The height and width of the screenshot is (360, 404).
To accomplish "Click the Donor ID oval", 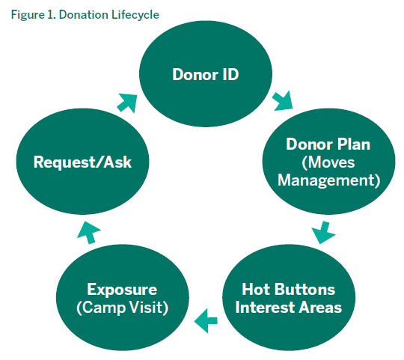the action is pos(206,74).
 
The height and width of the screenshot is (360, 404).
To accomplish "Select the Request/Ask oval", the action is pos(82,162).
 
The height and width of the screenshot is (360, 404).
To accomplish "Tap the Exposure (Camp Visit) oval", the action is pos(123,297).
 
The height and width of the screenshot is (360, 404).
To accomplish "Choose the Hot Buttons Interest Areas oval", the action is pos(289,297).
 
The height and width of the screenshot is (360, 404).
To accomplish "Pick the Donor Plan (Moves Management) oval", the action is pos(328,162).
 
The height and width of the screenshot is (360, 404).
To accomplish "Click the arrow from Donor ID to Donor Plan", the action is pos(283,101).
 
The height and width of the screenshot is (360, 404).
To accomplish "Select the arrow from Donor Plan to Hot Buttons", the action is pos(324,233).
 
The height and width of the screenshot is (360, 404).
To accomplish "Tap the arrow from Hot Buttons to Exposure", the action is pos(206,321).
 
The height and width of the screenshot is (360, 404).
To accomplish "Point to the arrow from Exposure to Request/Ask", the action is pos(89,233).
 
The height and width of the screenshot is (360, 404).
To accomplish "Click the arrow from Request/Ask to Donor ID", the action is pos(127,103).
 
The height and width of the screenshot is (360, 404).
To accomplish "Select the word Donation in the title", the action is pos(83,14).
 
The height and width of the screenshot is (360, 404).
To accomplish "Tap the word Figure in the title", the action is pos(28,15).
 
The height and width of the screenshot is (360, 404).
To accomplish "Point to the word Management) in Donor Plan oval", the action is pos(328,180).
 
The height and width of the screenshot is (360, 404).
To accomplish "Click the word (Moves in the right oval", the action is pos(328,162).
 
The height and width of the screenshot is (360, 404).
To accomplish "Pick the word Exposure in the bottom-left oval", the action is pos(122,290).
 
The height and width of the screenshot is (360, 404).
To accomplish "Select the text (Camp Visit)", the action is pos(123,308).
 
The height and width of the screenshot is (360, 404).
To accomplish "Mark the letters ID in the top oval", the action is pos(230,75).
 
